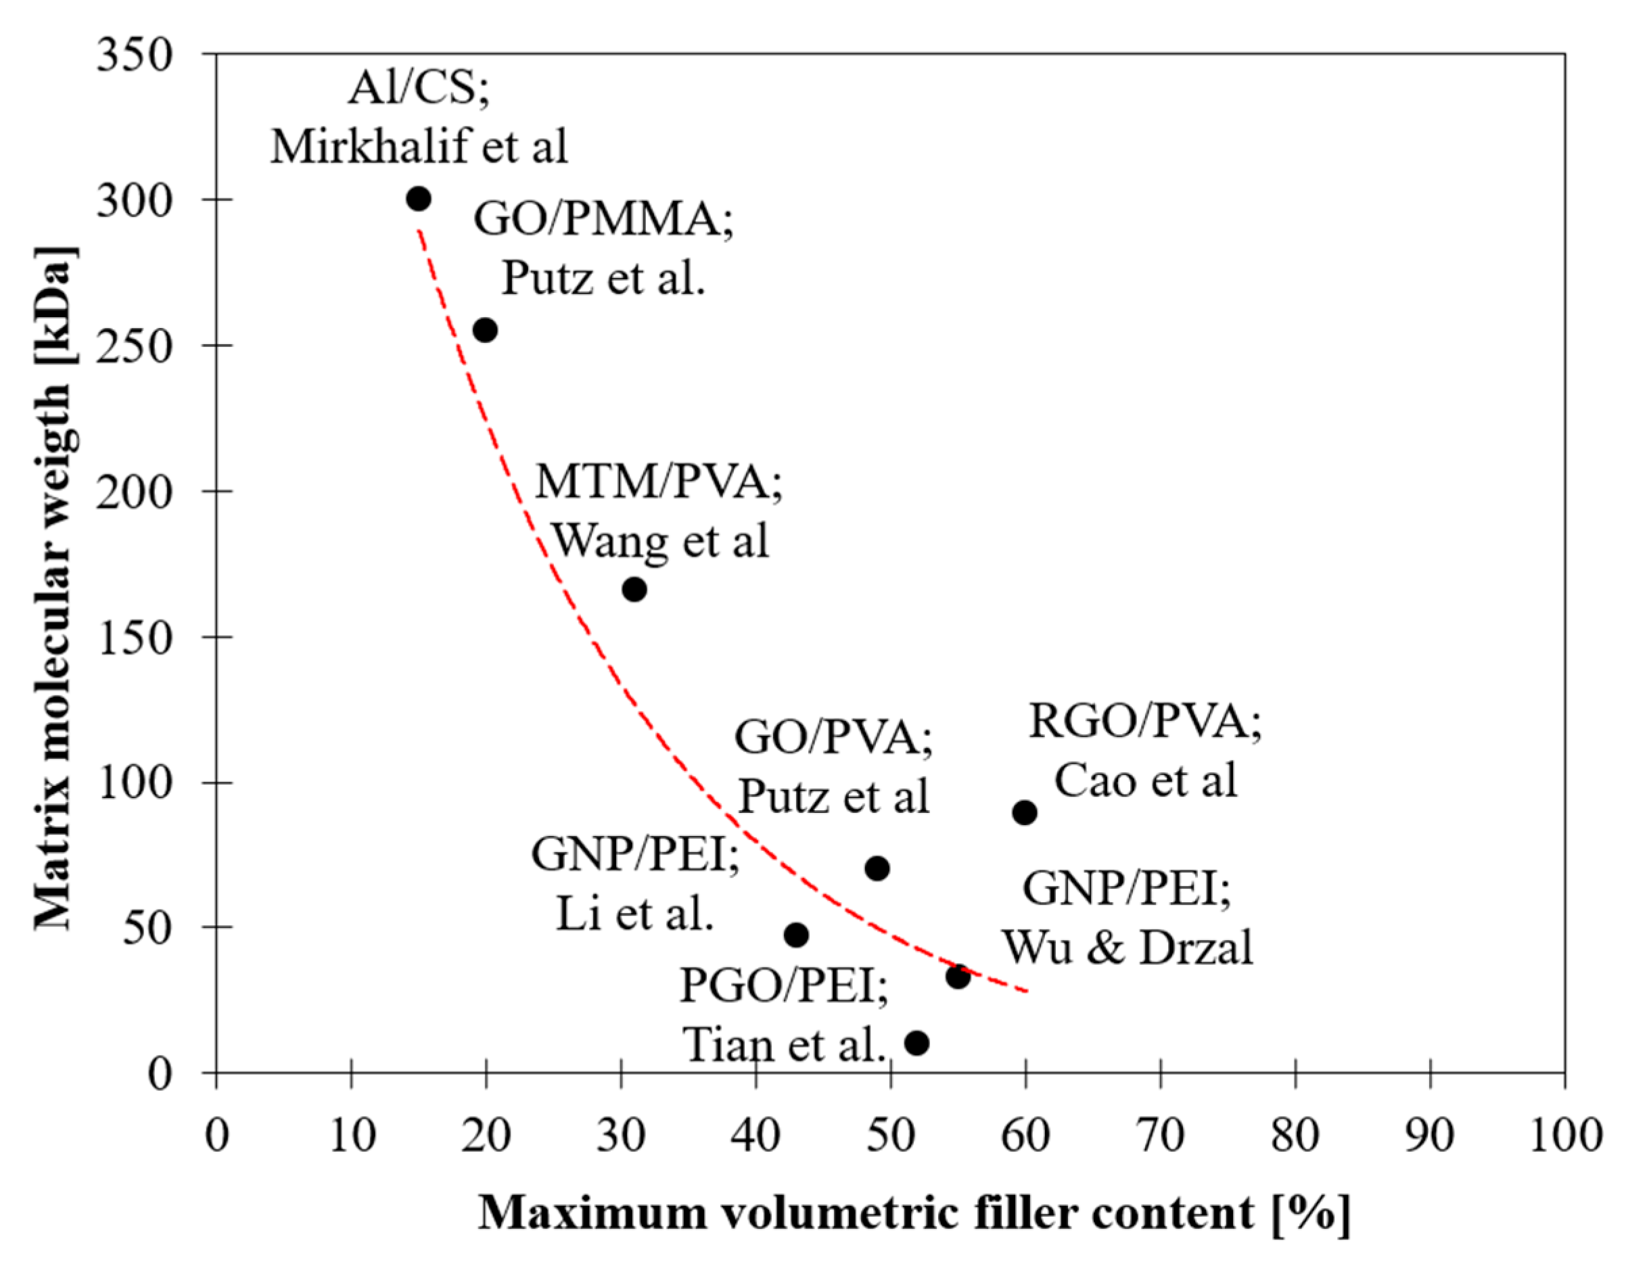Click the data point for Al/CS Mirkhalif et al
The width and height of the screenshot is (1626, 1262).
419,200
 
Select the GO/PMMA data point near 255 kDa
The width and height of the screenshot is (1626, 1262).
486,331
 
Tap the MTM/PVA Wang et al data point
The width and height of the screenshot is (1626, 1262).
634,590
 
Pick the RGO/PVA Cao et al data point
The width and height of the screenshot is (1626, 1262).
1025,812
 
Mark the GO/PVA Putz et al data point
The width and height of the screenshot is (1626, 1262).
878,868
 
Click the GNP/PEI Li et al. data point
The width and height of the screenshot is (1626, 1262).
797,935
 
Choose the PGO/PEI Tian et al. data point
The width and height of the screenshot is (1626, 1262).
917,1044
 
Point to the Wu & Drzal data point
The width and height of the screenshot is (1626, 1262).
958,977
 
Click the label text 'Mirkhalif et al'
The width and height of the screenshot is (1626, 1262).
419,146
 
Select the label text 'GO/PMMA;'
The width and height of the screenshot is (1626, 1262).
603,220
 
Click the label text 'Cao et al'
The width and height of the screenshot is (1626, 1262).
1146,780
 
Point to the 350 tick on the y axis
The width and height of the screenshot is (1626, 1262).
135,54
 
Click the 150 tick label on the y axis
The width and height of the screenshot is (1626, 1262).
135,637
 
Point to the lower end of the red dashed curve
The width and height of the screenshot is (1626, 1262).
1026,991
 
